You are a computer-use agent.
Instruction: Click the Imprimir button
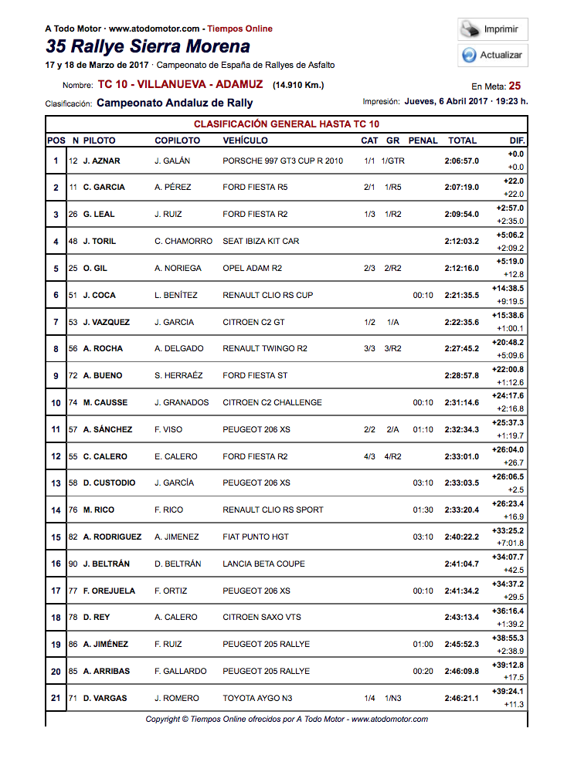click(x=492, y=29)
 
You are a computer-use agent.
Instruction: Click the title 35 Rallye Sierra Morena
click(x=148, y=46)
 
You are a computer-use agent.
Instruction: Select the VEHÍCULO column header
click(x=245, y=141)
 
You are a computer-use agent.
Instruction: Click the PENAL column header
click(x=423, y=141)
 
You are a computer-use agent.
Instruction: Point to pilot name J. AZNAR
click(x=101, y=161)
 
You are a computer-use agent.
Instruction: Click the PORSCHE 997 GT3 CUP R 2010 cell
click(x=283, y=161)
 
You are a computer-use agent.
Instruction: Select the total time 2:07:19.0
click(x=461, y=188)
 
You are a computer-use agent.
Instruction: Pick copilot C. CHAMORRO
click(x=183, y=241)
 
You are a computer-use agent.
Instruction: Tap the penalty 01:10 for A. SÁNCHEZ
click(x=423, y=429)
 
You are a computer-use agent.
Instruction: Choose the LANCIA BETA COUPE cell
click(x=263, y=564)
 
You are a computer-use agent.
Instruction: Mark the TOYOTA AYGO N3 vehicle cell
click(x=257, y=698)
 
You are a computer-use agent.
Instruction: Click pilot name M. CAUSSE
click(x=105, y=402)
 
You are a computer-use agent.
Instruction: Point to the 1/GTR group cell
click(x=393, y=161)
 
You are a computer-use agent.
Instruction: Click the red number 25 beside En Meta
click(x=515, y=86)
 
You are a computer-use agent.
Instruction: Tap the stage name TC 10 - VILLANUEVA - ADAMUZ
click(x=180, y=84)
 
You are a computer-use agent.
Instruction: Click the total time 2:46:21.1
click(x=461, y=698)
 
